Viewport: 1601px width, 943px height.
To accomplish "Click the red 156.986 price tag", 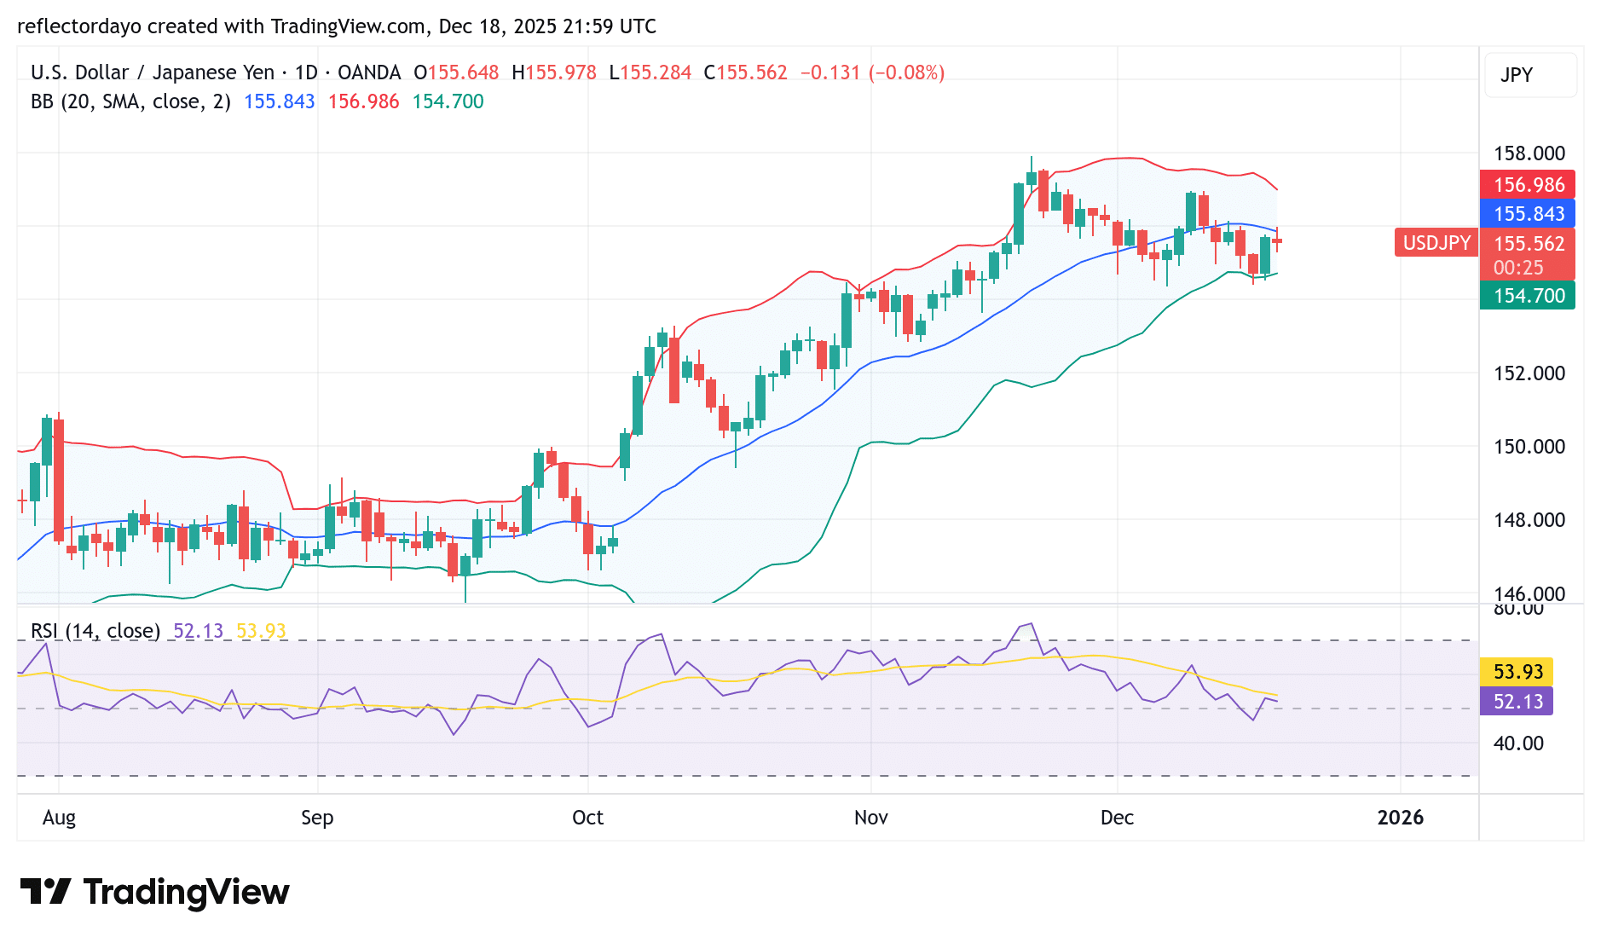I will point(1528,185).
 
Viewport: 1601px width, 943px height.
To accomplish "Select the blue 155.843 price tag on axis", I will point(1528,214).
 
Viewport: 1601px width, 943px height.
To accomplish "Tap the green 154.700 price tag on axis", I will point(1528,296).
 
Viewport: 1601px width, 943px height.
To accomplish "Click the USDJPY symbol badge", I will point(1436,243).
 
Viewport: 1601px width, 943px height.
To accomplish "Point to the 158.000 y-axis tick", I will point(1529,153).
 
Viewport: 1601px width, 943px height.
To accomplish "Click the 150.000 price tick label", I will point(1529,447).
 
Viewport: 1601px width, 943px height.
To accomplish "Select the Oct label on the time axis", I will point(587,818).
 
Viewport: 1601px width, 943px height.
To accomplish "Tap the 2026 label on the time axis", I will point(1400,818).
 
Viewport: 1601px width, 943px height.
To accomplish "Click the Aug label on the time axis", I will point(59,818).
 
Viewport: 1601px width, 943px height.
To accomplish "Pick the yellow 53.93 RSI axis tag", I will point(1517,672).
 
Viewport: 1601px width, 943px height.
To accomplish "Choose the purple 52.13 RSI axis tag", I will point(1517,702).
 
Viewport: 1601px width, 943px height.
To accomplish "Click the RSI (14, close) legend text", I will point(95,631).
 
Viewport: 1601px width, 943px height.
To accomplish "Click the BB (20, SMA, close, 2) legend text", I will point(130,101).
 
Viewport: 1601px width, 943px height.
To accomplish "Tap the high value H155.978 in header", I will point(554,72).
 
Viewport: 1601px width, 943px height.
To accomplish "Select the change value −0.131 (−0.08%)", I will point(872,72).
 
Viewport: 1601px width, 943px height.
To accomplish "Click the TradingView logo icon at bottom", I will point(46,892).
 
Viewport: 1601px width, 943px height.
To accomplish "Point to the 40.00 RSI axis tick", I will point(1517,743).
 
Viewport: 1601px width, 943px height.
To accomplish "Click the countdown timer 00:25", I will point(1517,268).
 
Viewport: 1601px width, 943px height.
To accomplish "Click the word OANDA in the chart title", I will point(368,72).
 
